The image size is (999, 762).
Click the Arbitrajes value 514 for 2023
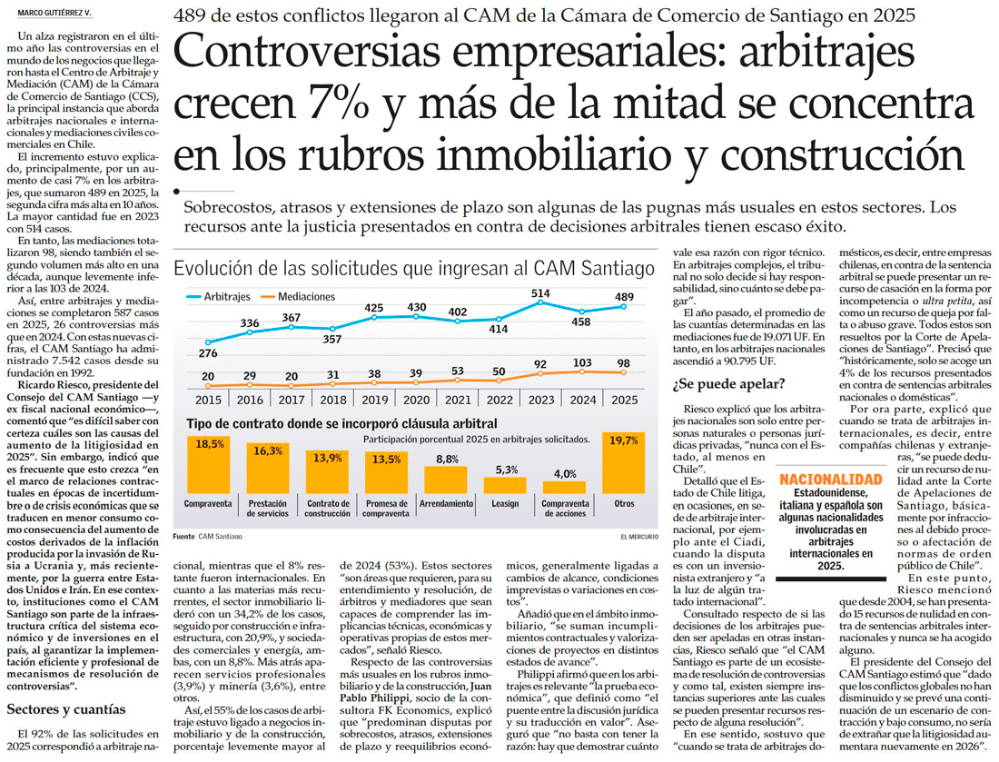[x=540, y=293]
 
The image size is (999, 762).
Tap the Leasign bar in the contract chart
[x=507, y=484]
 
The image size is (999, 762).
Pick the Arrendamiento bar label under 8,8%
[x=447, y=502]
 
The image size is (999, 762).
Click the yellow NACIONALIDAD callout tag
[x=830, y=479]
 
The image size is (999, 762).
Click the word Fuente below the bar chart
[x=183, y=536]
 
